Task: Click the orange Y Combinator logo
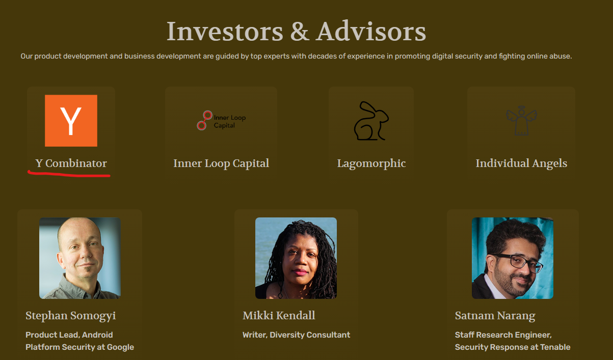pyautogui.click(x=71, y=121)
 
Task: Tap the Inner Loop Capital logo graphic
pyautogui.click(x=221, y=120)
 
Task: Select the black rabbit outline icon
pyautogui.click(x=371, y=121)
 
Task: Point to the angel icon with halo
pyautogui.click(x=521, y=121)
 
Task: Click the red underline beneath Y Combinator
pyautogui.click(x=69, y=174)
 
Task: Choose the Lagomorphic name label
pyautogui.click(x=371, y=163)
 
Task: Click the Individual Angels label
pyautogui.click(x=521, y=163)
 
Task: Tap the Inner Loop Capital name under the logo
pyautogui.click(x=221, y=163)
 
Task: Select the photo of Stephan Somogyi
pyautogui.click(x=80, y=258)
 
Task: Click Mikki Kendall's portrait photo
pyautogui.click(x=296, y=258)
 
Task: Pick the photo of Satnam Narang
pyautogui.click(x=513, y=258)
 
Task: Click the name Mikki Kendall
pyautogui.click(x=279, y=315)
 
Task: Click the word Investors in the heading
pyautogui.click(x=225, y=32)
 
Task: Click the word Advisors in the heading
pyautogui.click(x=371, y=31)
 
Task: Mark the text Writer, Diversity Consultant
pyautogui.click(x=297, y=335)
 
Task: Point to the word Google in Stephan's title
pyautogui.click(x=120, y=347)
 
